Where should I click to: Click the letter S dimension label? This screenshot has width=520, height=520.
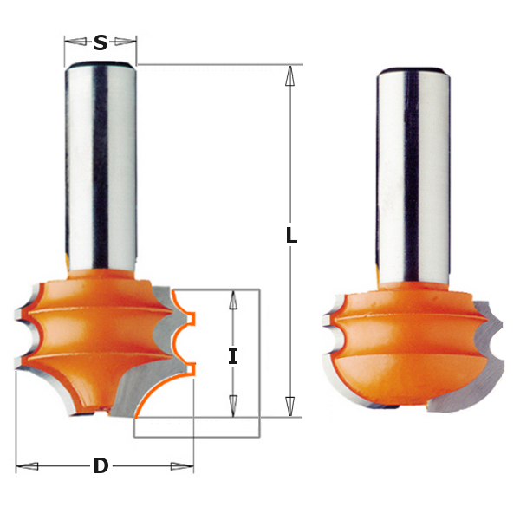coord(101,42)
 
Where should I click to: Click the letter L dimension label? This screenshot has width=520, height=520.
coord(291,236)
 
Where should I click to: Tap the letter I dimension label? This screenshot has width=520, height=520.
coord(233,356)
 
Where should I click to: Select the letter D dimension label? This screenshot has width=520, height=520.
coord(101,466)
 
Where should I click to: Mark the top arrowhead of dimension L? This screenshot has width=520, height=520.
coord(290,75)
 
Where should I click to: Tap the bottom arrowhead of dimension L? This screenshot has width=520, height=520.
coord(290,406)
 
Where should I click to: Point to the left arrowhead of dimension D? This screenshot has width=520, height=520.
coord(27,466)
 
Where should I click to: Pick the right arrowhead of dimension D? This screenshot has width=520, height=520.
coord(183,466)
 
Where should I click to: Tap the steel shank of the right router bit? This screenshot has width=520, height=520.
coord(413,173)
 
